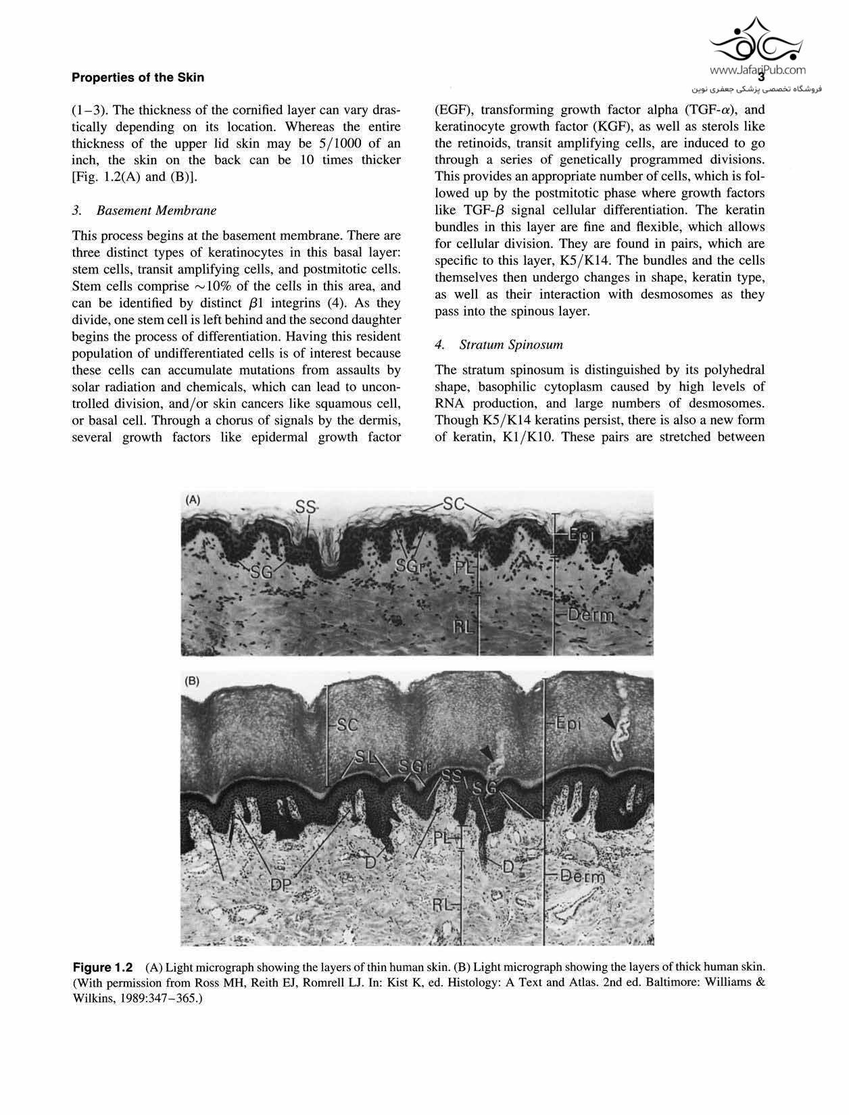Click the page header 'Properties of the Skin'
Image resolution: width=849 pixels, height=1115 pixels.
(137, 77)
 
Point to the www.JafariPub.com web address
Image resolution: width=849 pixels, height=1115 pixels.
(758, 69)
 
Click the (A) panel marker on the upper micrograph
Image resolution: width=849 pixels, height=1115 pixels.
(193, 500)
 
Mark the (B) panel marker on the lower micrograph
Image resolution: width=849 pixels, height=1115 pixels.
(193, 681)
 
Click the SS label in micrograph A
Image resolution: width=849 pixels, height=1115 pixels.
(306, 506)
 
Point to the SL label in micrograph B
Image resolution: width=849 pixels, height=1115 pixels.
(365, 758)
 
